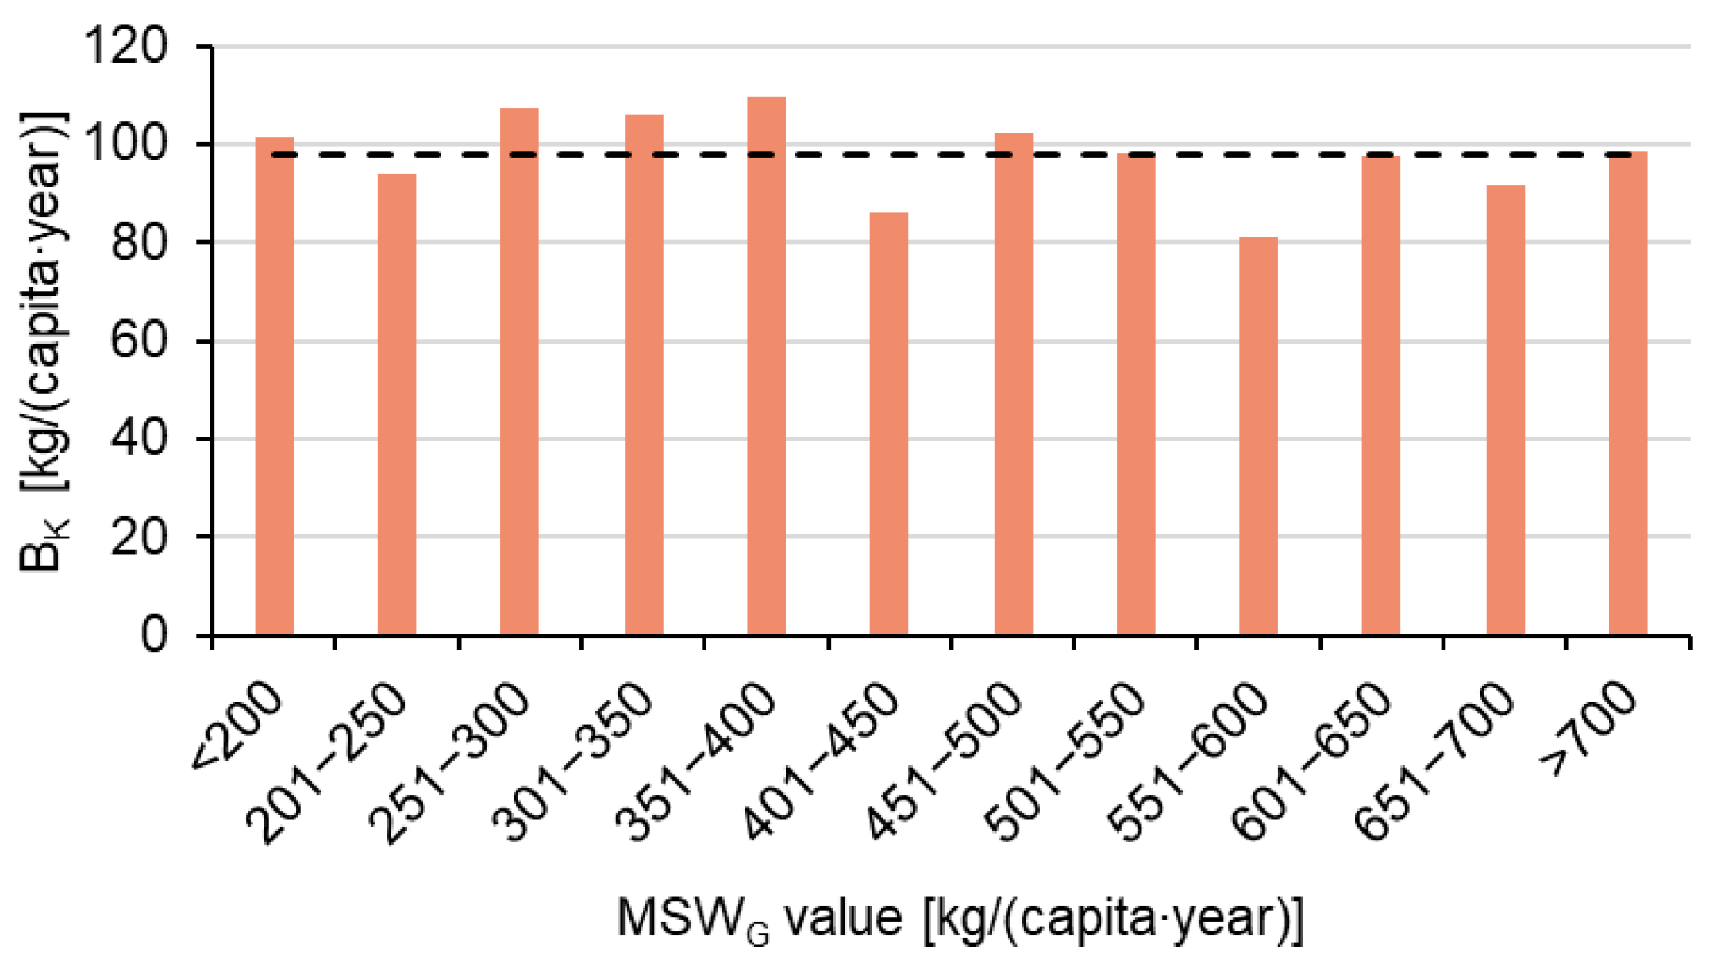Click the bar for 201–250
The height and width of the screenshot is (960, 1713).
tap(396, 404)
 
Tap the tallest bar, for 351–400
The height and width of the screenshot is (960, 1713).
tap(766, 365)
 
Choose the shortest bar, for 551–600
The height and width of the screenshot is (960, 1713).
tap(1258, 436)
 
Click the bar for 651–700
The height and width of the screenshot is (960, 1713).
tap(1505, 410)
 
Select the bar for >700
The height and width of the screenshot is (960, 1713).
tap(1627, 392)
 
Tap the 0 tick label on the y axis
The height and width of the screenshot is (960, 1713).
tap(153, 635)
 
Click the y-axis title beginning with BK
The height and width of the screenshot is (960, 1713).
tap(44, 341)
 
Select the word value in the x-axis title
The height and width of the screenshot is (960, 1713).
tap(843, 919)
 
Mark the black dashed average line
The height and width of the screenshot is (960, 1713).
tap(953, 154)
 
